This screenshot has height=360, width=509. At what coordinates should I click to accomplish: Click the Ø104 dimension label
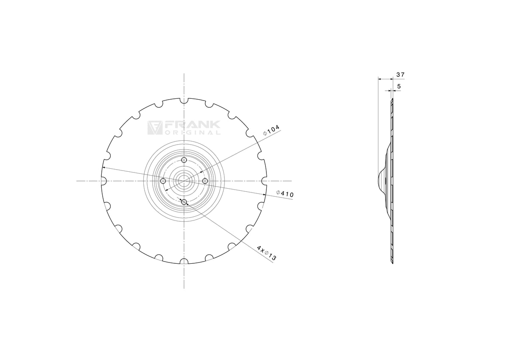click(271, 130)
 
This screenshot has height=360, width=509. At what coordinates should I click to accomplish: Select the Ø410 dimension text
click(285, 193)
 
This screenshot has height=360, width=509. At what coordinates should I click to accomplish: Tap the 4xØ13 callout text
click(266, 253)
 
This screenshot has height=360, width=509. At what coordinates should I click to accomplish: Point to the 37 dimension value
click(400, 75)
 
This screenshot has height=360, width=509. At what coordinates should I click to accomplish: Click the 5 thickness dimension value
click(399, 87)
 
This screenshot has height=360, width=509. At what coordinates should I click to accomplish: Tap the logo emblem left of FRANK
click(155, 128)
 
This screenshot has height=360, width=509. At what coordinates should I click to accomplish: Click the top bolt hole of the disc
click(184, 160)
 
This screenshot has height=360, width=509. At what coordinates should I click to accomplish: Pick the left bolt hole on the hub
click(163, 181)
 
